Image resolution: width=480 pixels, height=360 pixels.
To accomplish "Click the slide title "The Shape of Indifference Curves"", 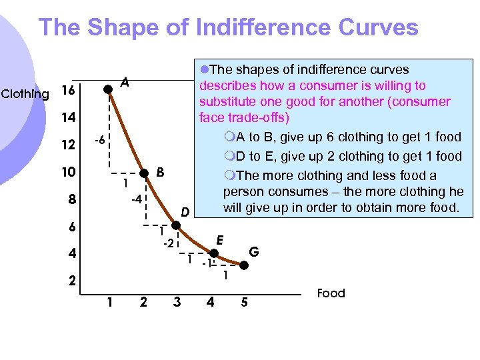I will [x=228, y=28].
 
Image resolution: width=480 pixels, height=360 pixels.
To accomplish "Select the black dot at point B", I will [x=144, y=173].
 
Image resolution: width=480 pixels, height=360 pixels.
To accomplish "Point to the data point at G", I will [x=244, y=265].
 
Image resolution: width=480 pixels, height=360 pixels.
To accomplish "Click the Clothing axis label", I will [x=25, y=93].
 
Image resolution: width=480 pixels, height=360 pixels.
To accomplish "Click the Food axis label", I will [x=331, y=293].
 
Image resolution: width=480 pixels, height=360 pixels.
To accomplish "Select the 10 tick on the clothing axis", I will [x=67, y=172].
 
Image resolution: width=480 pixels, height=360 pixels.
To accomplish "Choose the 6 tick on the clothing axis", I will [x=71, y=227].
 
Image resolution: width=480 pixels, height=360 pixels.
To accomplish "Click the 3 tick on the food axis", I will [x=176, y=302].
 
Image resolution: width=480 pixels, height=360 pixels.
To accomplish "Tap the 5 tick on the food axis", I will [x=244, y=302].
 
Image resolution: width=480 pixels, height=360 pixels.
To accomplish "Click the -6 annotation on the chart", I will [x=97, y=141].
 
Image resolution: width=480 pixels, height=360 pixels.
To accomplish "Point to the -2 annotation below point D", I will [x=169, y=244].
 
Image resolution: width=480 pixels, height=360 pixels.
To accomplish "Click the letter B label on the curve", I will [x=160, y=172].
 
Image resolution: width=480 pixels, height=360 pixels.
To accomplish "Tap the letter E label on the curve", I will [x=219, y=239].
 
